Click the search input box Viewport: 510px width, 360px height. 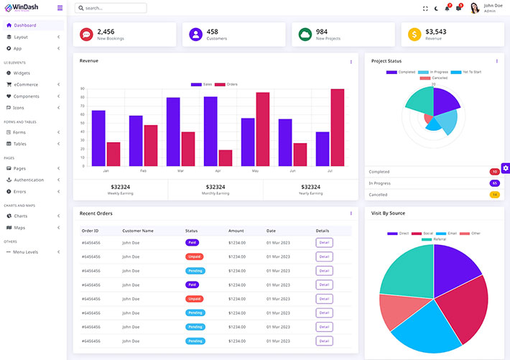click(x=111, y=8)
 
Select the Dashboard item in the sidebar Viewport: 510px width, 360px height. click(x=24, y=25)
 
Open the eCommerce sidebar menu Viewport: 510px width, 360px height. click(x=27, y=84)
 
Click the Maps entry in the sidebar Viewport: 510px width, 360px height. click(x=19, y=228)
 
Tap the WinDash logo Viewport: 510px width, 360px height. click(x=22, y=8)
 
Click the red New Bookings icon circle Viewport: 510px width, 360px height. click(x=86, y=34)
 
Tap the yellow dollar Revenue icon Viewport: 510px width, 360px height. click(x=414, y=34)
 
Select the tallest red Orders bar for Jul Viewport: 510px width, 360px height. click(x=337, y=127)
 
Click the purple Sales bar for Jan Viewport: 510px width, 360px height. click(x=98, y=138)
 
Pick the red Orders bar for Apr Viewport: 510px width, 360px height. click(x=226, y=158)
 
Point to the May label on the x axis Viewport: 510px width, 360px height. click(x=255, y=171)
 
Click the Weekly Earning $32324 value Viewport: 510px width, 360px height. click(x=120, y=187)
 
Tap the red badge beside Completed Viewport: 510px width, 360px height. click(x=494, y=172)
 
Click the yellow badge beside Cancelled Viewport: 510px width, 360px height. click(x=494, y=195)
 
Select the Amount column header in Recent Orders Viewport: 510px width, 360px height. click(x=236, y=231)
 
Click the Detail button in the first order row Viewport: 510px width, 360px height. click(x=324, y=243)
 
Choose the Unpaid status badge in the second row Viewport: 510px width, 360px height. click(x=194, y=257)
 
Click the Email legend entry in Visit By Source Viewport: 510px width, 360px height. click(x=449, y=234)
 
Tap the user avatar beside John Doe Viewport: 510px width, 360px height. click(x=475, y=8)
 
